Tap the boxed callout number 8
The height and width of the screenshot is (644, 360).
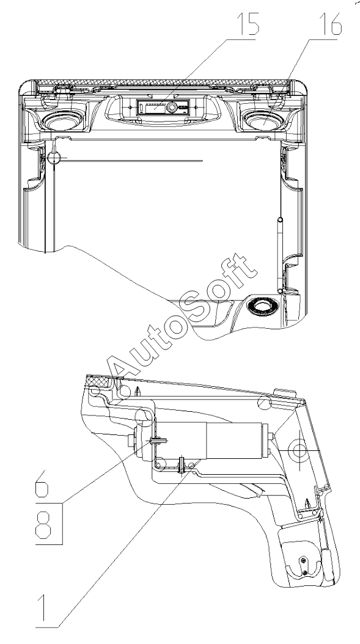click(x=43, y=524)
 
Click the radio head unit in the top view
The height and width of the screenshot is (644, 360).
click(x=163, y=108)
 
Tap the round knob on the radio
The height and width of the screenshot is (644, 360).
click(x=172, y=108)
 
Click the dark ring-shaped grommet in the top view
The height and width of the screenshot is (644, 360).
click(x=262, y=306)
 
